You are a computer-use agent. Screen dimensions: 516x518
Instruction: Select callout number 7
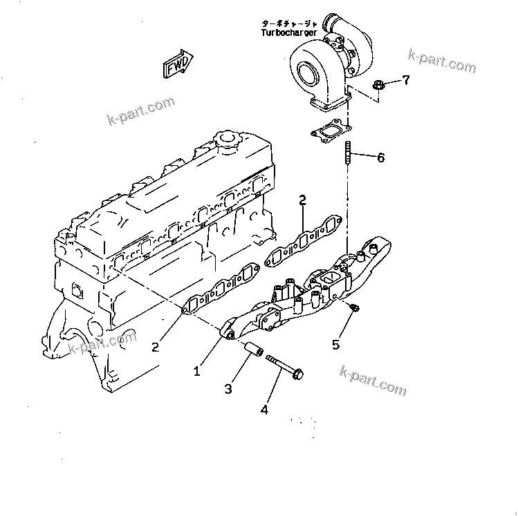(406, 80)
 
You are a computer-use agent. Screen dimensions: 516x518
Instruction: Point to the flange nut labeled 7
(378, 86)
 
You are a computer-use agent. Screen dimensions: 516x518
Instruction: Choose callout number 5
(336, 345)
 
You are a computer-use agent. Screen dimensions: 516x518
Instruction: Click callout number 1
(197, 371)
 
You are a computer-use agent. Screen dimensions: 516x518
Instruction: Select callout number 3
(228, 389)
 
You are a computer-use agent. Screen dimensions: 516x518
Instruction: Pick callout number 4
(264, 410)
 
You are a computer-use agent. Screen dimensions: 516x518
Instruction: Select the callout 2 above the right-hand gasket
(302, 201)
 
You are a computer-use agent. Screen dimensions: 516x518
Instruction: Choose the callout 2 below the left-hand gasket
(156, 347)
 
